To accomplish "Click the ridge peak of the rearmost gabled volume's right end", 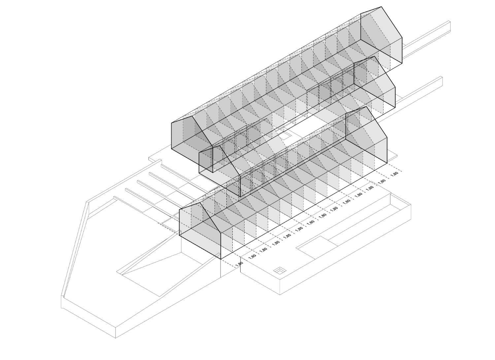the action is tap(381, 7).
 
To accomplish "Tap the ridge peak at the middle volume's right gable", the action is tap(375, 56).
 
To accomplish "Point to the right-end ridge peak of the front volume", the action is tap(366, 107).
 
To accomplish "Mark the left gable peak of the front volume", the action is tap(200, 203).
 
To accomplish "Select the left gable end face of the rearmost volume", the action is tap(192, 144).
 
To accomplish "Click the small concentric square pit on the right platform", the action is tap(280, 271).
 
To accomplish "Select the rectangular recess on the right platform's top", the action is tap(316, 248).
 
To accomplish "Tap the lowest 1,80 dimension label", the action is tap(239, 264).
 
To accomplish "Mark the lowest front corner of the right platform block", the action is tap(280, 295).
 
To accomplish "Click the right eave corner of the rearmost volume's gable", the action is tap(402, 38).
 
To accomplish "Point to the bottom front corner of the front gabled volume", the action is tap(221, 259).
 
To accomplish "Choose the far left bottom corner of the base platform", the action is tap(61, 308).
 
